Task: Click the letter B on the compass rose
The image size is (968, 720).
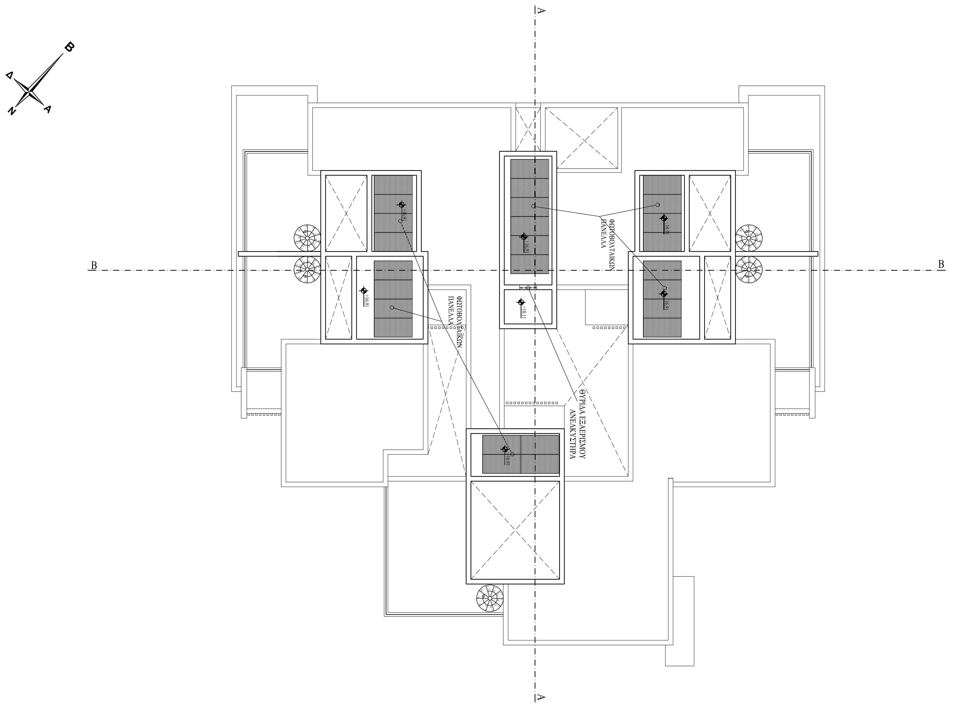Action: (69, 47)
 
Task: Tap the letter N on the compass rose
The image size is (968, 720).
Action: (12, 111)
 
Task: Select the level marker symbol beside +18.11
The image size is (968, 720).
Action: (521, 302)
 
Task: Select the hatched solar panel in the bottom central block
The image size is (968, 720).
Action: (521, 454)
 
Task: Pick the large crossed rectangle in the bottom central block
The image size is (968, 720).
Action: (515, 531)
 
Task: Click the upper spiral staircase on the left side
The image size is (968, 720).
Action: (307, 238)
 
